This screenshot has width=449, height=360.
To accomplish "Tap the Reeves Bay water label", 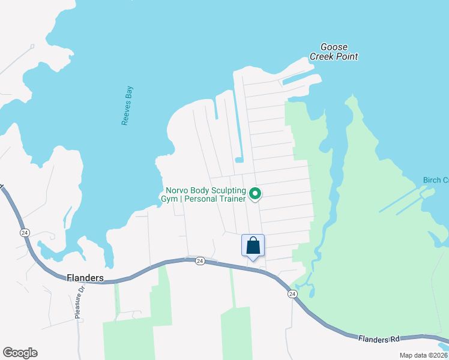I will (x=126, y=106).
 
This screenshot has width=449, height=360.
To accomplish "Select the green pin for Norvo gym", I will (x=255, y=193).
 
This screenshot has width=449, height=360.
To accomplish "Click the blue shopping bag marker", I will (x=253, y=245).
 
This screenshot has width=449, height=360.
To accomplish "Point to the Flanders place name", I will (x=85, y=278).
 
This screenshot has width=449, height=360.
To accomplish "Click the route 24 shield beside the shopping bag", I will (x=200, y=261).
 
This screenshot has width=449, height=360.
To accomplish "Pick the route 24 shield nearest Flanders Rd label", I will (x=292, y=293).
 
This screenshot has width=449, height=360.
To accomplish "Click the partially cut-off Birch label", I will (x=435, y=180).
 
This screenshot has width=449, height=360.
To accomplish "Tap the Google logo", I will (x=20, y=353).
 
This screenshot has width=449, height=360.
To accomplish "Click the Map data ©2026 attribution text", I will (x=423, y=355).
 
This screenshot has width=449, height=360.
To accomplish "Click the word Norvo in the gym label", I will (x=178, y=189).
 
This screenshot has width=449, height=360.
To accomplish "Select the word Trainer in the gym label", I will (x=233, y=199).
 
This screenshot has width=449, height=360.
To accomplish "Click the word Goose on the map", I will (x=334, y=47).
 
